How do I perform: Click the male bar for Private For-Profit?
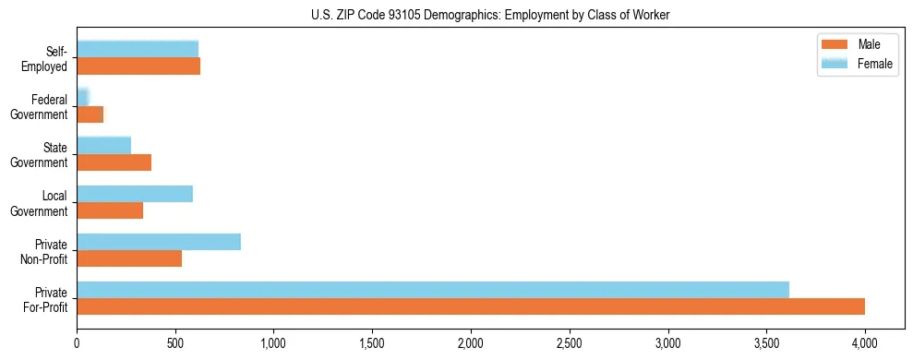(471, 306)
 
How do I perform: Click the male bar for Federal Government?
(90, 114)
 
